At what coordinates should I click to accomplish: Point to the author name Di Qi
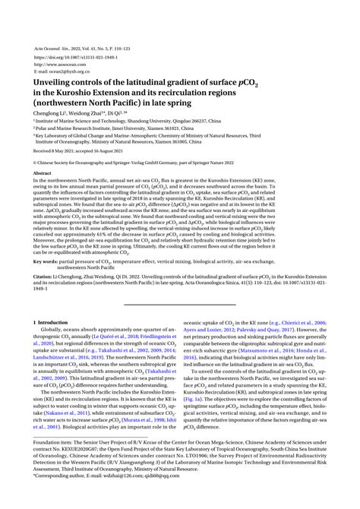(x=118, y=112)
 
